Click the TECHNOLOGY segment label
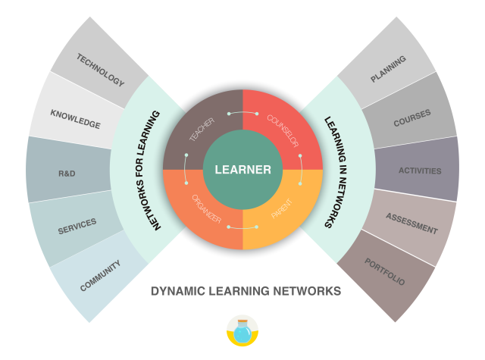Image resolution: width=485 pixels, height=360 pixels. point(99,70)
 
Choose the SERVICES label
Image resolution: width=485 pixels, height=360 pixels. point(77,225)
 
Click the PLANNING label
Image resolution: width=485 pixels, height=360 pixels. point(388,68)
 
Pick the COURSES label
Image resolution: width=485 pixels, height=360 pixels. point(411,116)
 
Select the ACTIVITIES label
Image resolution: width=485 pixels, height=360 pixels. point(420,171)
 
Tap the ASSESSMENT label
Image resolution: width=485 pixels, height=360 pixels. point(411,224)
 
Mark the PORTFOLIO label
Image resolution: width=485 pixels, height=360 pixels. point(384,272)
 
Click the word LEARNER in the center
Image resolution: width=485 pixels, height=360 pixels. point(242,170)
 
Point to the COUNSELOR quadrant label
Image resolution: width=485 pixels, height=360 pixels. point(282,130)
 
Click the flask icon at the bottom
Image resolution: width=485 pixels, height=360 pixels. point(242,331)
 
